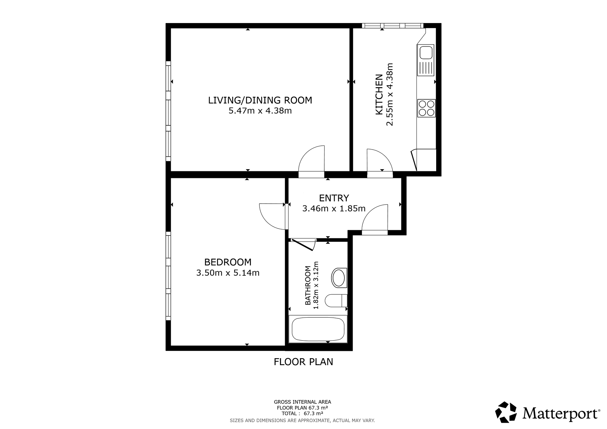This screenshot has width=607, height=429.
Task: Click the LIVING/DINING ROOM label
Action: pos(260,100)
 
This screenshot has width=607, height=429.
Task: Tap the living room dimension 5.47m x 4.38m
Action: pos(260,111)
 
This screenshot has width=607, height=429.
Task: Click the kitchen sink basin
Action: pos(425,52)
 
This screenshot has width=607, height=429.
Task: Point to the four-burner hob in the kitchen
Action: pos(426,108)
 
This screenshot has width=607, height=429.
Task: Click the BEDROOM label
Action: pos(228,262)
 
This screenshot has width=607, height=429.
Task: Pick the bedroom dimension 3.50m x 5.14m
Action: pos(228,273)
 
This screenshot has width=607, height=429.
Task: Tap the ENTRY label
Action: pos(334,198)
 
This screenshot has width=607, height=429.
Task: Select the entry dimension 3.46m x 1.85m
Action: pos(334,209)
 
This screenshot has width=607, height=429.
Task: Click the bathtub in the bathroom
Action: pos(318,329)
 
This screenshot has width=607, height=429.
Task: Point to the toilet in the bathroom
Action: pos(336,301)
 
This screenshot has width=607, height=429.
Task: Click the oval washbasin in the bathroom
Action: pos(339,278)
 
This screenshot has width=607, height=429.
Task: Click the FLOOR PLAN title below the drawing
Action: pos(303,362)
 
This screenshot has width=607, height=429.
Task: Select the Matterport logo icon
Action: pos(506,412)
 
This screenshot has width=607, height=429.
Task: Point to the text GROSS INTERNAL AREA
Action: pos(302,402)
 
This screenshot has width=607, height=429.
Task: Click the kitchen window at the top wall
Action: pos(393,26)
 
